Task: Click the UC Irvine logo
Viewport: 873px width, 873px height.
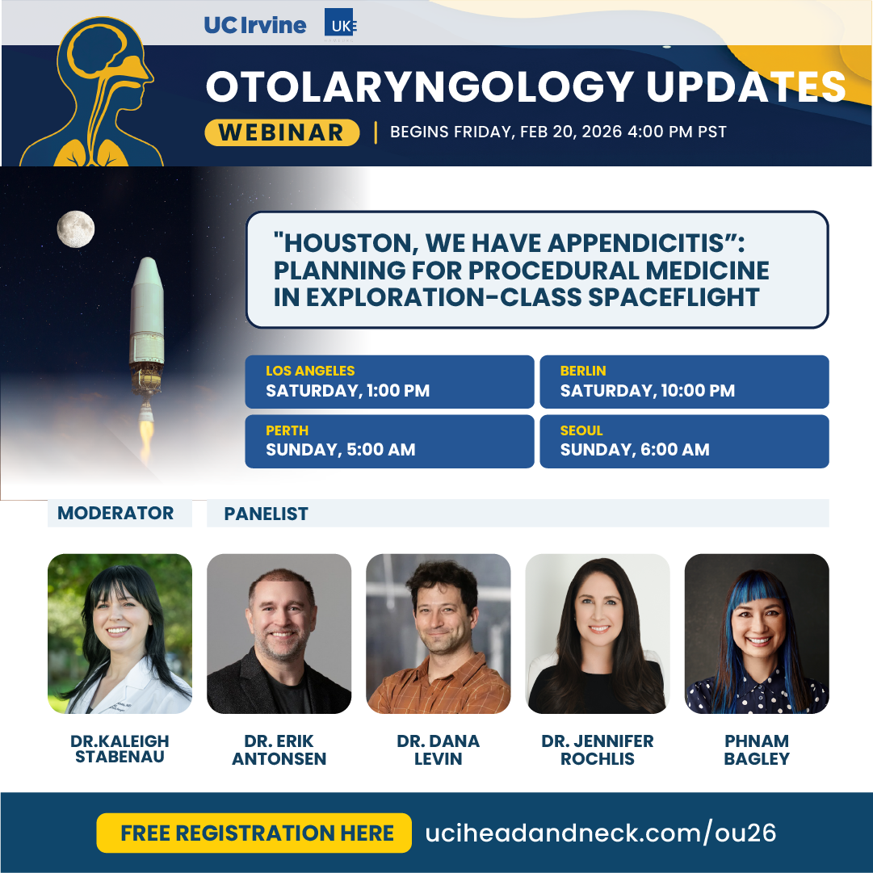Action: click(x=255, y=25)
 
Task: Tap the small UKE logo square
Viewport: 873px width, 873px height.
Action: click(x=340, y=25)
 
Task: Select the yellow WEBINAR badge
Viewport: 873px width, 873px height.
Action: click(x=281, y=132)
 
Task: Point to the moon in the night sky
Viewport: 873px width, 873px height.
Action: click(x=76, y=229)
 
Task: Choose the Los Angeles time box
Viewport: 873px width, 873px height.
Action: click(x=389, y=382)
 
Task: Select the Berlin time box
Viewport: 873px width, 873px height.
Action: click(x=684, y=382)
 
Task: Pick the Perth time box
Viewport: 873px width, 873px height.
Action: click(x=389, y=441)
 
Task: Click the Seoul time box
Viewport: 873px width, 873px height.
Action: click(x=684, y=441)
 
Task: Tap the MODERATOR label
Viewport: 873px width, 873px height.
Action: click(x=116, y=513)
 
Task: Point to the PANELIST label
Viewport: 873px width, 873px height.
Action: click(x=267, y=514)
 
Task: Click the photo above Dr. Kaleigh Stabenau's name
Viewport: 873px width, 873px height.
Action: click(x=120, y=633)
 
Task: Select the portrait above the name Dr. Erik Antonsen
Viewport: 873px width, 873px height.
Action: click(x=279, y=633)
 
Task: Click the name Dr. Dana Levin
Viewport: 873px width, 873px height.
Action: click(x=438, y=749)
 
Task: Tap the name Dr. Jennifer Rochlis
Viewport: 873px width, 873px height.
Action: click(x=598, y=749)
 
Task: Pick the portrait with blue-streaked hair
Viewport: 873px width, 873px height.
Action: click(x=757, y=633)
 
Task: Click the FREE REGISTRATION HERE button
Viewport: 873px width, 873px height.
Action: click(x=254, y=833)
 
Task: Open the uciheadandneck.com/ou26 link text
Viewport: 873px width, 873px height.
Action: click(x=601, y=833)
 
